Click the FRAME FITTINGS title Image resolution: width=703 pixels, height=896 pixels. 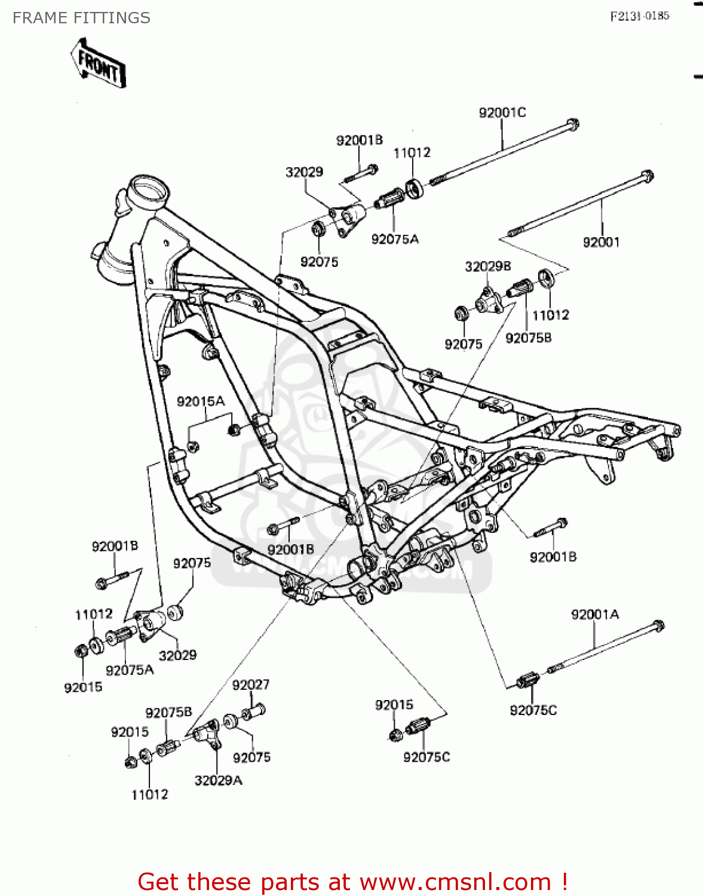tap(81, 18)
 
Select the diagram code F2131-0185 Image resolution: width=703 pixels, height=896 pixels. tap(639, 16)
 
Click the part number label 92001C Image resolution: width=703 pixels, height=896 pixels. tap(502, 112)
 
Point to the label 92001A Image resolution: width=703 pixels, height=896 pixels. tap(594, 615)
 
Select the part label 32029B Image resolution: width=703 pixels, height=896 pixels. tap(487, 266)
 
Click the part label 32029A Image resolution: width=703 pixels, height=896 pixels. tap(218, 780)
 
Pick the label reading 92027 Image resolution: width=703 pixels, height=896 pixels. tap(250, 685)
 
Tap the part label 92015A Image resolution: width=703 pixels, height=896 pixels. tap(201, 401)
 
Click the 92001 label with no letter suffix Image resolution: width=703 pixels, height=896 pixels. tap(601, 242)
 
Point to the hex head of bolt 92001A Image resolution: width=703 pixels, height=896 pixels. tap(658, 626)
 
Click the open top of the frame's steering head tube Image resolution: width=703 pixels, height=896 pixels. tap(149, 191)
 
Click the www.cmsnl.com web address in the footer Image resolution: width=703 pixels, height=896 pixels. tap(455, 882)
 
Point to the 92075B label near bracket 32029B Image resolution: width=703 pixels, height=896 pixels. tap(528, 338)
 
